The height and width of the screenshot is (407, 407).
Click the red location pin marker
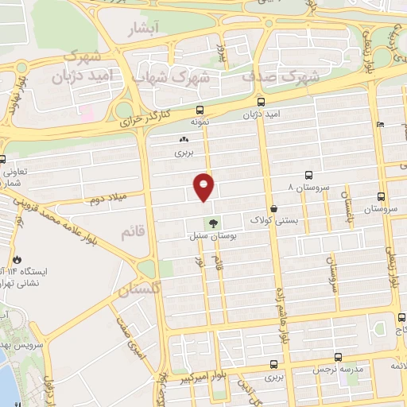pyautogui.click(x=204, y=186)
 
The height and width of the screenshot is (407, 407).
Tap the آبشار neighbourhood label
pyautogui.click(x=142, y=29)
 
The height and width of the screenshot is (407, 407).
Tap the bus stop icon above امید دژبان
pyautogui.click(x=262, y=102)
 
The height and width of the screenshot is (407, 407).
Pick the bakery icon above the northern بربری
pyautogui.click(x=185, y=138)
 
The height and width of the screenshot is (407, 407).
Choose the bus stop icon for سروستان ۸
pyautogui.click(x=308, y=175)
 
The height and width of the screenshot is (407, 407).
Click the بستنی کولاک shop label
pyautogui.click(x=274, y=219)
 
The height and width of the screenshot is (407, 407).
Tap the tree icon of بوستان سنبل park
pyautogui.click(x=212, y=223)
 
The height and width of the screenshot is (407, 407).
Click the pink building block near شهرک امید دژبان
pyautogui.click(x=86, y=114)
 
